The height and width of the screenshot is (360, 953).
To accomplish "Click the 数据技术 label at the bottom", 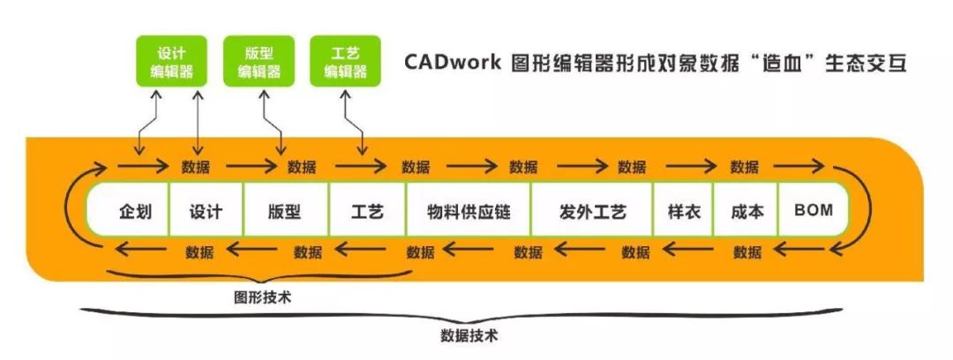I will [469, 335].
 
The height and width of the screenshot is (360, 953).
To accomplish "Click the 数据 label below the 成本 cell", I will [747, 252].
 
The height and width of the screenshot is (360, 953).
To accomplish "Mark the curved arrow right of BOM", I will [859, 210].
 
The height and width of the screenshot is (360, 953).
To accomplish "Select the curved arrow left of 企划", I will [74, 210].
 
